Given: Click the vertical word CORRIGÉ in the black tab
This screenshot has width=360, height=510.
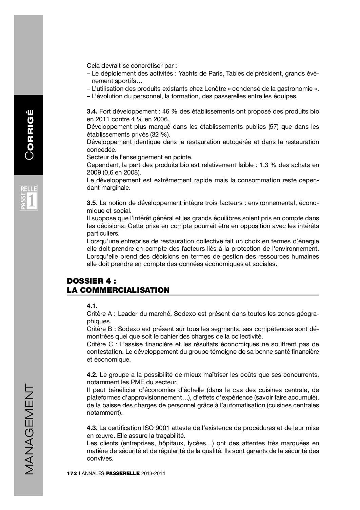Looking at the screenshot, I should coord(29,135).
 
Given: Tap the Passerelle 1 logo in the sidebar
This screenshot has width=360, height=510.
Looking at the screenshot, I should coord(29,198).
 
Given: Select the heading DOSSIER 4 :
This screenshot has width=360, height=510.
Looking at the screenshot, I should coord(92,281).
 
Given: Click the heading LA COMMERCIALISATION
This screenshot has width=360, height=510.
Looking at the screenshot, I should coord(118,290).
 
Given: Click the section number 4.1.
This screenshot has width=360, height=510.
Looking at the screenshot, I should coord(92,306).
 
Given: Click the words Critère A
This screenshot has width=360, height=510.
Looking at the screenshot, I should coord(99,314).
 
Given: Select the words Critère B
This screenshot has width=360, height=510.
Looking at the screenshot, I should coord(99,329).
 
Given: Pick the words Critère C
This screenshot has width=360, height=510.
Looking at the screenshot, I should coord(99,344).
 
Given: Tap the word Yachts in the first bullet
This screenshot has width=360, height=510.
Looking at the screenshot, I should coord(188,74).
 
